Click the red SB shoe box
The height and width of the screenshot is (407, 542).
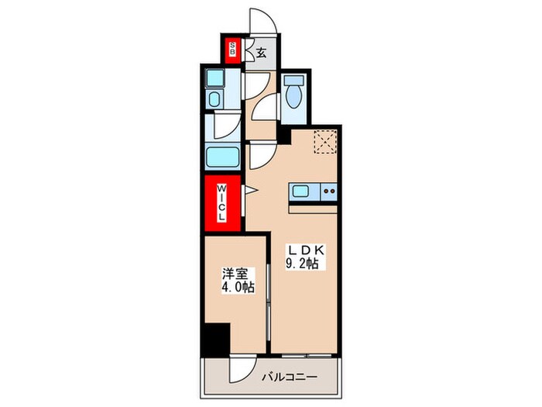231,52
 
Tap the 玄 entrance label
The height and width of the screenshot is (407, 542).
262,53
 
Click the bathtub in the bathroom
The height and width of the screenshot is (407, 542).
224,160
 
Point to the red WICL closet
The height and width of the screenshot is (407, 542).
221,203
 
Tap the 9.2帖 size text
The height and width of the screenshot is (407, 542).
305,265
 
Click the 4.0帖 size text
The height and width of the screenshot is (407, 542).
238,288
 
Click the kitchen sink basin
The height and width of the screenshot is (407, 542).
300,191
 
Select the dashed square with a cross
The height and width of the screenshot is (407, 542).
324,143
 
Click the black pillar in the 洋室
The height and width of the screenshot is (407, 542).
216,339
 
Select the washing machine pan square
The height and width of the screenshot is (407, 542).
215,78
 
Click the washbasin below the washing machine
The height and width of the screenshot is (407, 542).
214,99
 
